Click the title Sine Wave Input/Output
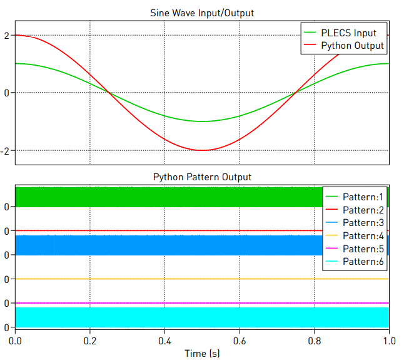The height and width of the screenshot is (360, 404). point(202,13)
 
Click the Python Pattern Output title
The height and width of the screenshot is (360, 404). point(202,177)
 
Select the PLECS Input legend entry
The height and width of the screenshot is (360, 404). point(348,32)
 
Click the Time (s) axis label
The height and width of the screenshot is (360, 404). point(202,354)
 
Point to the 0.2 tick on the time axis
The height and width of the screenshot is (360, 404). point(90,341)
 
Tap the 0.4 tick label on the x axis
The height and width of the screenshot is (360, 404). point(164,341)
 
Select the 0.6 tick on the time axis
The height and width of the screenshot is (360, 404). point(240,341)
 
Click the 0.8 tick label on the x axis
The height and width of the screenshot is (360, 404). point(315,341)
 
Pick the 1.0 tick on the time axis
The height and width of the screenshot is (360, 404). point(389,341)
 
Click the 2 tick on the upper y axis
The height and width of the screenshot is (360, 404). point(6,35)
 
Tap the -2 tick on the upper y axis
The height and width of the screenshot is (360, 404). point(5,150)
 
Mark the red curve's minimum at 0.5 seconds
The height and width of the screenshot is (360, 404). point(202,150)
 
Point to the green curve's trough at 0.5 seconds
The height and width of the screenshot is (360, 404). point(202,121)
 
